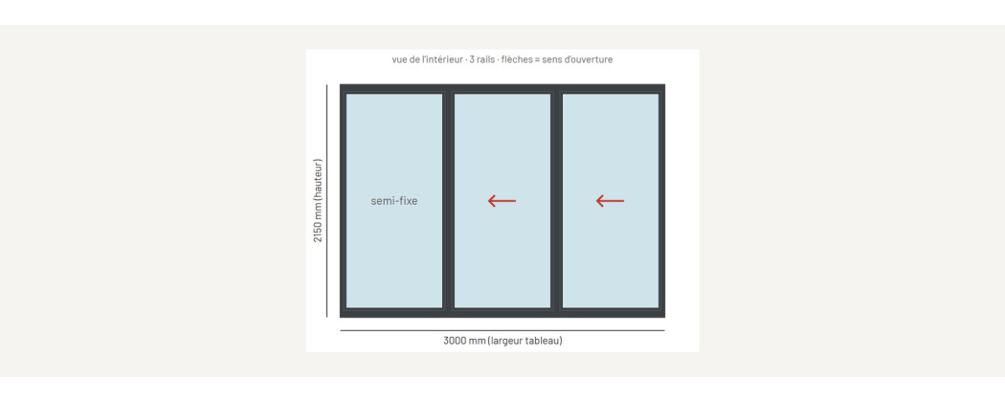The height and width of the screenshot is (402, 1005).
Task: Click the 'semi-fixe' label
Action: pyautogui.click(x=393, y=201)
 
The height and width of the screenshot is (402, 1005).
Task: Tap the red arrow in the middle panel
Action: pyautogui.click(x=502, y=201)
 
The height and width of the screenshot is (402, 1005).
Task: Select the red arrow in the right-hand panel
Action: pyautogui.click(x=611, y=201)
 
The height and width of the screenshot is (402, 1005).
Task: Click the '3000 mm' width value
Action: pyautogui.click(x=464, y=341)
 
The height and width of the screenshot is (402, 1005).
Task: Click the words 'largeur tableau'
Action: pyautogui.click(x=526, y=341)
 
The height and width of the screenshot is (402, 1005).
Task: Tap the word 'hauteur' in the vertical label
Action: pyautogui.click(x=318, y=181)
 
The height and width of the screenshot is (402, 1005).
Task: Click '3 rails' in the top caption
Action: pyautogui.click(x=479, y=59)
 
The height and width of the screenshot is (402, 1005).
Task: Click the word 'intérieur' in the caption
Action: pyautogui.click(x=445, y=59)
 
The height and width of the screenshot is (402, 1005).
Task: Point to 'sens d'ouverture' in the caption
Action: pyautogui.click(x=577, y=59)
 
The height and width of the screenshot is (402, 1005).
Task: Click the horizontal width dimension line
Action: pyautogui.click(x=502, y=331)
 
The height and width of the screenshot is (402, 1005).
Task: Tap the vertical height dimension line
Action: pyautogui.click(x=327, y=201)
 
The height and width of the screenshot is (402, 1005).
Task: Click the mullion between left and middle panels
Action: pyautogui.click(x=448, y=201)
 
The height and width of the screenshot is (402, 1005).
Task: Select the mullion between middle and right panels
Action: pyautogui.click(x=556, y=201)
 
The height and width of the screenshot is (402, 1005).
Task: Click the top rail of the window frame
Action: pyautogui.click(x=502, y=88)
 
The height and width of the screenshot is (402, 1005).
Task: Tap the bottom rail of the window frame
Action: pyautogui.click(x=502, y=313)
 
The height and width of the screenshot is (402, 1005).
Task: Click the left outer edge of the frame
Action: pyautogui.click(x=343, y=201)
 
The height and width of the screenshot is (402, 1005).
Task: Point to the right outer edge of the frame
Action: pyautogui.click(x=661, y=201)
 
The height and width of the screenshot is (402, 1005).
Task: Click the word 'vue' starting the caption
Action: pyautogui.click(x=399, y=59)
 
